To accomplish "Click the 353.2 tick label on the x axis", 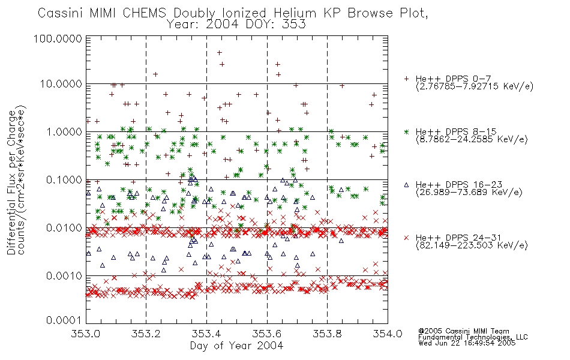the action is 146,334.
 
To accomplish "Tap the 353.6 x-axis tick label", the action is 267,334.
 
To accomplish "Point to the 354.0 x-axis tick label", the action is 388,334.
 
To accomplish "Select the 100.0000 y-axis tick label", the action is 58,38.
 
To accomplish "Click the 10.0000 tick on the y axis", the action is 61,84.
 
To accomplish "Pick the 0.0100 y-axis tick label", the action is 64,228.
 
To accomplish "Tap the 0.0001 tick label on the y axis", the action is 64,320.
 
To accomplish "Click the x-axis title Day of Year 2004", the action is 236,346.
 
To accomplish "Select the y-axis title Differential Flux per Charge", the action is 11,182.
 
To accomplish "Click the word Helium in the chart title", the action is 295,13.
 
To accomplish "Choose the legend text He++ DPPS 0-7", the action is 454,79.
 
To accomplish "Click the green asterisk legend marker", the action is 406,131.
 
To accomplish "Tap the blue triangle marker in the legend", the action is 406,185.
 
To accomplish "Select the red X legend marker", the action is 406,238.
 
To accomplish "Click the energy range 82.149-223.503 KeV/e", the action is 472,245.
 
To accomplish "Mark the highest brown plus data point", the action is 219,53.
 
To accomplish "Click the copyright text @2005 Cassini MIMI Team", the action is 464,331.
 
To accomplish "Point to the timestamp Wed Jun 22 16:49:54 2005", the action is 467,343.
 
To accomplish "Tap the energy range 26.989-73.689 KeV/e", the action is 469,193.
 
